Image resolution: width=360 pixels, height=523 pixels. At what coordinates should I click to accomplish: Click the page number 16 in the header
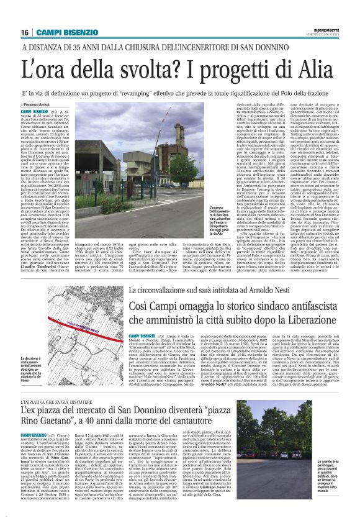click(25, 32)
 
